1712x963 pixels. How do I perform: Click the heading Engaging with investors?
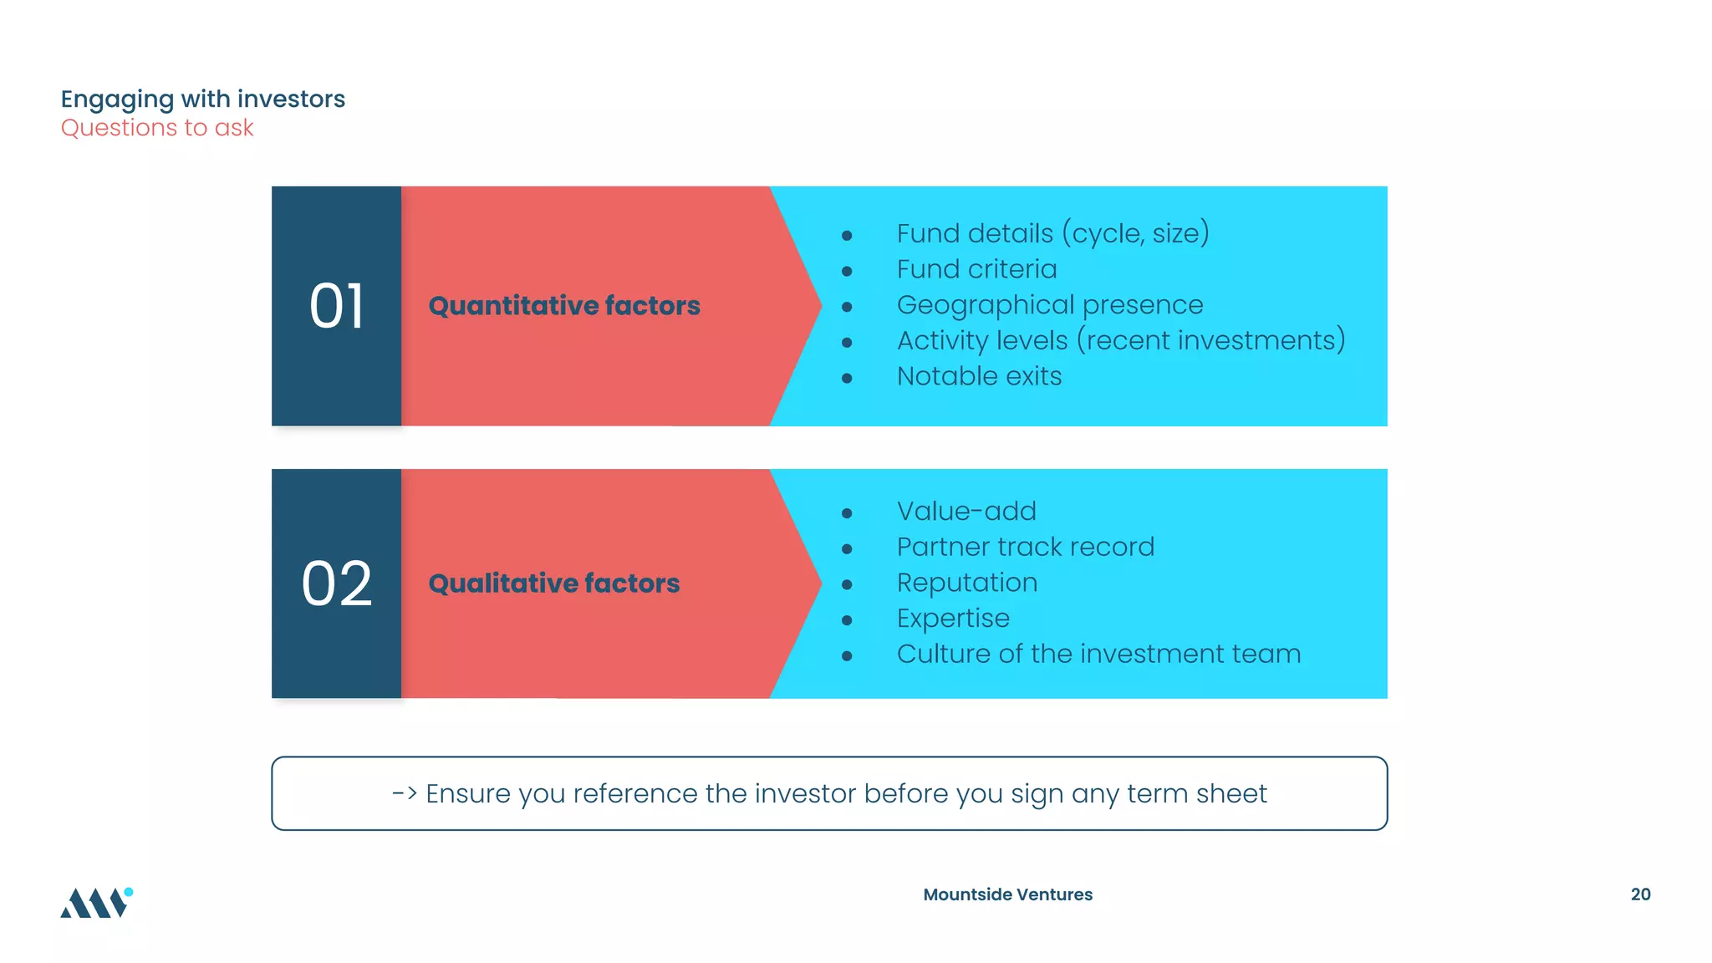[x=202, y=99]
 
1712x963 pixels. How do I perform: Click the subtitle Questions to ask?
[x=157, y=128]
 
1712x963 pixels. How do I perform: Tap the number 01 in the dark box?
[x=336, y=306]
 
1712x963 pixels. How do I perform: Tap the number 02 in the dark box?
[x=336, y=583]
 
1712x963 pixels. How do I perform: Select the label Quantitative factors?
[x=564, y=306]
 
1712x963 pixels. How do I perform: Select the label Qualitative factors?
[x=554, y=583]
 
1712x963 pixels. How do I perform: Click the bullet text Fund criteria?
[x=976, y=270]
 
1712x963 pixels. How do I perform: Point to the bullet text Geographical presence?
[x=1050, y=305]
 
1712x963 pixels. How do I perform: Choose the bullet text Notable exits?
[x=979, y=377]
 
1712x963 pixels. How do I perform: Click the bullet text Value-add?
[x=966, y=512]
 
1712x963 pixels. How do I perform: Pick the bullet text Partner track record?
[x=1025, y=548]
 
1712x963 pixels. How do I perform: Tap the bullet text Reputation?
[x=967, y=583]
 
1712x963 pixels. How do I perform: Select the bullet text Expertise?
[x=953, y=619]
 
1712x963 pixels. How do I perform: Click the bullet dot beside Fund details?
[x=847, y=236]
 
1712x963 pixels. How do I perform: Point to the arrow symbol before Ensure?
[x=405, y=793]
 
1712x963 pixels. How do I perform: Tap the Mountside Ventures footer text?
[x=1007, y=894]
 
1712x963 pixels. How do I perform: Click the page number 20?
[x=1640, y=894]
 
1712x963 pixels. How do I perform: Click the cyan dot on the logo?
[x=129, y=892]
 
